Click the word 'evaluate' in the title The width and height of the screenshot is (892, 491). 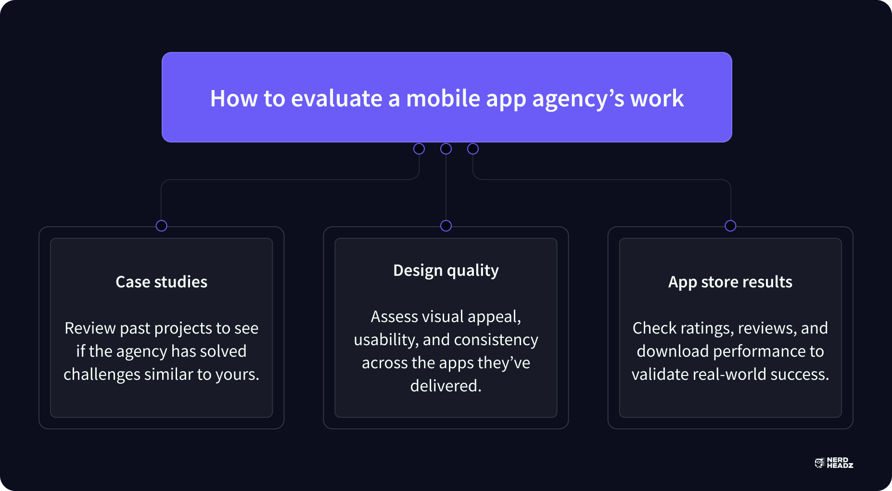337,99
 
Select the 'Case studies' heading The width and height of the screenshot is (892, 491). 162,282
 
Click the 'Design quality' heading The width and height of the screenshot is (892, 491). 446,271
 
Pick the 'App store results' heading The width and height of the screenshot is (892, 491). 730,282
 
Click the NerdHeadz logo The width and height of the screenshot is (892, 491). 834,463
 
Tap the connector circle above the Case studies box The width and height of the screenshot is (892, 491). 162,226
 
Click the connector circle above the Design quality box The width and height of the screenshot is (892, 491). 446,226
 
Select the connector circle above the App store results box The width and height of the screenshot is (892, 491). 730,226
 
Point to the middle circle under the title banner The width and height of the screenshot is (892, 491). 446,149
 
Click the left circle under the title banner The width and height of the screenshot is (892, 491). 419,149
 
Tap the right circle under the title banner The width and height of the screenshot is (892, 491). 473,149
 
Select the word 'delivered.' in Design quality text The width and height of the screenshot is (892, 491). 446,386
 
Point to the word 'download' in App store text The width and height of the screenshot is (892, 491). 673,351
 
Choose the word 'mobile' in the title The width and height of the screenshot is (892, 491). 443,99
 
